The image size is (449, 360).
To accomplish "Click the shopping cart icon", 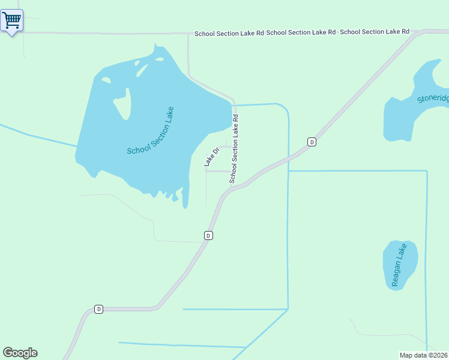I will pos(11,20).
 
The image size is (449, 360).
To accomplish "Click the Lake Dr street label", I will pos(210,157).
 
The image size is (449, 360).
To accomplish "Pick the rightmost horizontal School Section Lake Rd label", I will pos(375,31).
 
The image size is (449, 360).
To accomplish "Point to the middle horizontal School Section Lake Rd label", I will pos(301,32).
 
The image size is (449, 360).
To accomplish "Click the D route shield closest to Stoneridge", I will pos(312,142).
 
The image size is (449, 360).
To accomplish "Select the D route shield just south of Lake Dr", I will pos(208,235).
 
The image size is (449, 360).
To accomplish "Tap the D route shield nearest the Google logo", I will pos(99,309).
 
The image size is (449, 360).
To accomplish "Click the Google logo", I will pos(20,353).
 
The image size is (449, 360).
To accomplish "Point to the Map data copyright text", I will pos(424,355).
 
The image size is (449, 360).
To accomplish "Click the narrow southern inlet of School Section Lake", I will pos(185,198).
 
